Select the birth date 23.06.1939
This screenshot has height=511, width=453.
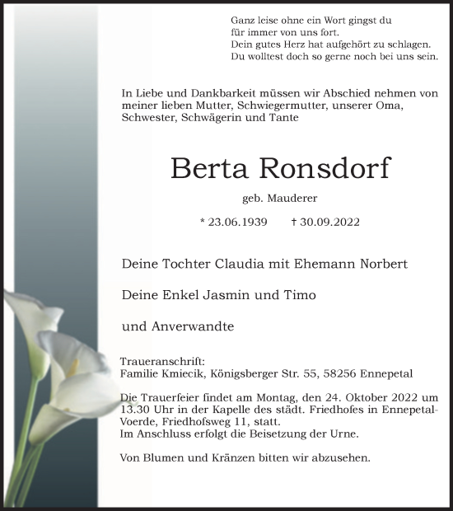(238, 223)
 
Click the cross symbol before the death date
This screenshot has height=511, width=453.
(294, 222)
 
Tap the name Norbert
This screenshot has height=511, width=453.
(378, 265)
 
